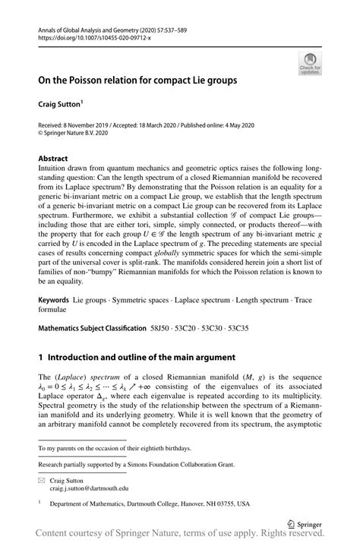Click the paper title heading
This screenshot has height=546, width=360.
pyautogui.click(x=139, y=79)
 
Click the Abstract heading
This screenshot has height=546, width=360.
pyautogui.click(x=53, y=159)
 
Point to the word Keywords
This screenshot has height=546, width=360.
pyautogui.click(x=54, y=301)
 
